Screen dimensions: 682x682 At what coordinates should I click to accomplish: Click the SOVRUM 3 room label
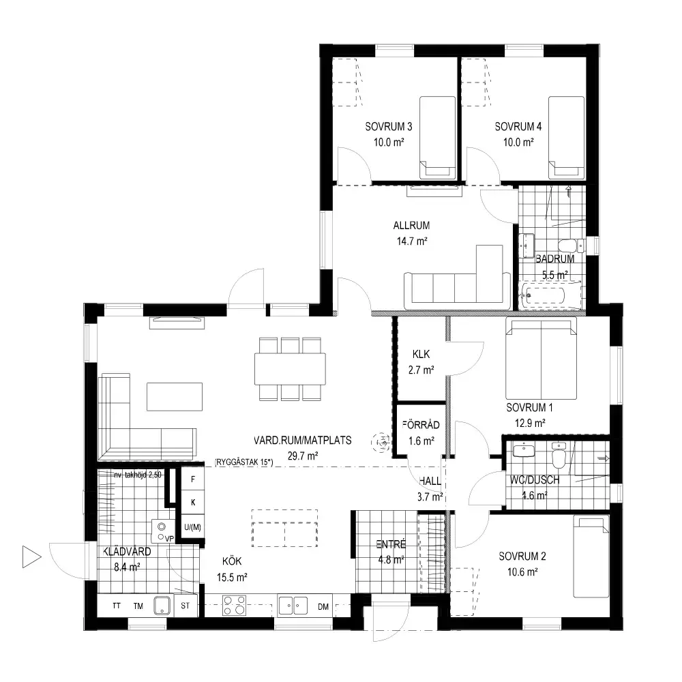point(389,127)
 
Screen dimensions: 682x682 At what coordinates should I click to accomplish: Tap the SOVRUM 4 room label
point(518,127)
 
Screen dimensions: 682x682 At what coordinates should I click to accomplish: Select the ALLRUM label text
point(411,225)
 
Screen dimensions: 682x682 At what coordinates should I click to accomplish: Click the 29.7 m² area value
point(303,456)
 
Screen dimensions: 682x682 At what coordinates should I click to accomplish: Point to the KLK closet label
point(421,354)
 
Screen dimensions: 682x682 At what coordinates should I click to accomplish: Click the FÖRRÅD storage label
point(421,424)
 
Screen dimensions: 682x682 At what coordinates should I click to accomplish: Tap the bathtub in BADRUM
point(550,295)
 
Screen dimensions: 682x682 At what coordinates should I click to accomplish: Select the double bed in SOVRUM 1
point(541,358)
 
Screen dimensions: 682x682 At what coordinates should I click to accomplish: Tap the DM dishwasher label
point(323,607)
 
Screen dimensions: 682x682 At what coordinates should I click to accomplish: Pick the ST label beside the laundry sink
point(186,606)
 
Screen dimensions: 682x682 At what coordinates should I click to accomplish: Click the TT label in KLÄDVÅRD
point(117,606)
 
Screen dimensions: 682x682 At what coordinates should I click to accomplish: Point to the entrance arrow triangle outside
point(32,557)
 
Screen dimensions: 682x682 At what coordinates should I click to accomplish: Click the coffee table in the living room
point(175,396)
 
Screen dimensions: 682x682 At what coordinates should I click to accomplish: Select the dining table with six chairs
point(290,369)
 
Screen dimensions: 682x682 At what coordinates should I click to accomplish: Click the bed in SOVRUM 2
point(591,557)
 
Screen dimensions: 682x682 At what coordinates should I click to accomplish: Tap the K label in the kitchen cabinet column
point(193,503)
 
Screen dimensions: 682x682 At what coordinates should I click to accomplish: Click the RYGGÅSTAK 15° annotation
point(243,462)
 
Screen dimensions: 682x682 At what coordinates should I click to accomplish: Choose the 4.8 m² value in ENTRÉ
point(391,560)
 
